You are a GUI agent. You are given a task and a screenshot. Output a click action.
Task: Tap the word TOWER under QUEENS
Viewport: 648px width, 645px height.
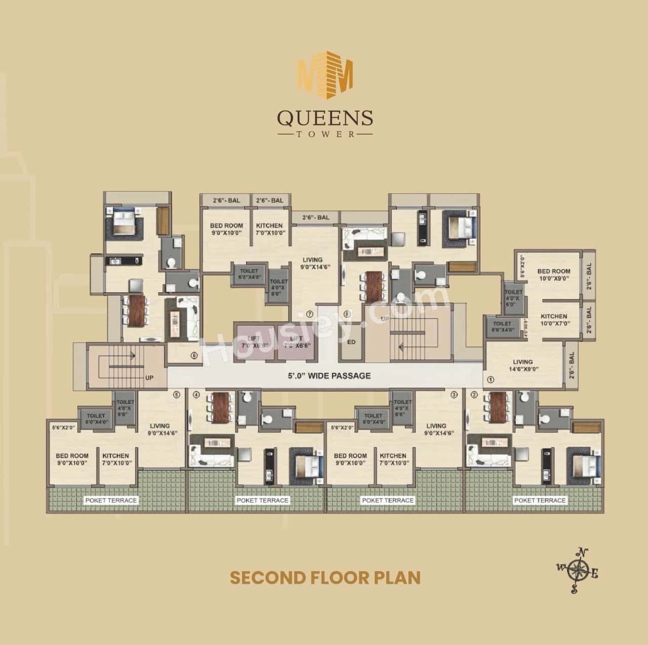tap(325, 135)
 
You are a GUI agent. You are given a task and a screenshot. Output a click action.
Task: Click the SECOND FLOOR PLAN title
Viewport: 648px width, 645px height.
tap(325, 577)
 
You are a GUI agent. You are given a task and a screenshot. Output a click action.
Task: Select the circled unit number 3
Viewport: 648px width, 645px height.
tap(454, 395)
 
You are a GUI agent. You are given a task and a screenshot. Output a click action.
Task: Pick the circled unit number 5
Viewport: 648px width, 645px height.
tap(176, 395)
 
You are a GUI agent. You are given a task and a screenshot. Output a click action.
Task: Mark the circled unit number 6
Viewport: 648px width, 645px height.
tap(194, 355)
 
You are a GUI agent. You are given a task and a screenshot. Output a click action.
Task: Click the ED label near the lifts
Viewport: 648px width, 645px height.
tap(351, 342)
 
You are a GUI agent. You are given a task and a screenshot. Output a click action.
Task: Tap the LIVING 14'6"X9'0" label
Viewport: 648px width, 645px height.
tap(522, 365)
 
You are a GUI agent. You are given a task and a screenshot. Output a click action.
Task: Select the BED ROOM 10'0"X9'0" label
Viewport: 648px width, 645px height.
tap(554, 275)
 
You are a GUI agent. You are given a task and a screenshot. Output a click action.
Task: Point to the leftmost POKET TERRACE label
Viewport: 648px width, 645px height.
tap(111, 500)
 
